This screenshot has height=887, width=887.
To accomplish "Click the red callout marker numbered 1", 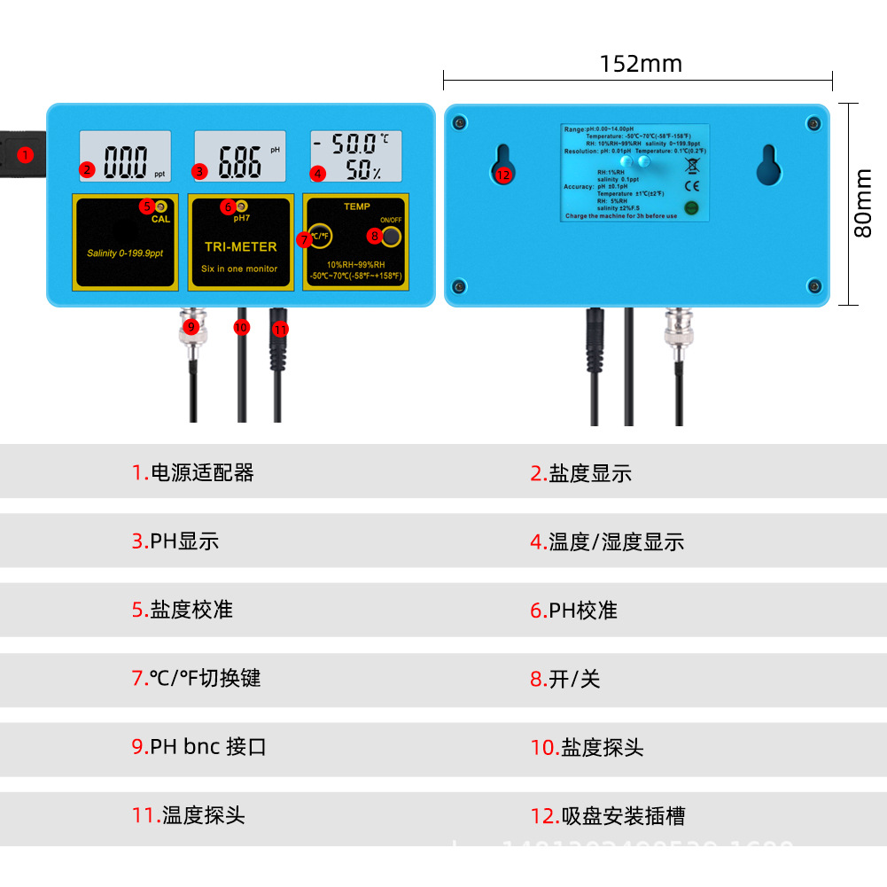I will (25, 155).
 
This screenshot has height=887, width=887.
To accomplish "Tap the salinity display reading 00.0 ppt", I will (127, 160).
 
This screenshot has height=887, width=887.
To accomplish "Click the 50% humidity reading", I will (362, 171).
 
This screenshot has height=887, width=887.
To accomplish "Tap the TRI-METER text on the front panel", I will (240, 247).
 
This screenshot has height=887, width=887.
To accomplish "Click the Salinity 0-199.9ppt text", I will (125, 253).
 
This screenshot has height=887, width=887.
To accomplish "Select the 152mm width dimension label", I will (641, 64).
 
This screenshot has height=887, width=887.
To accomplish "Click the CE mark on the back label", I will (692, 185).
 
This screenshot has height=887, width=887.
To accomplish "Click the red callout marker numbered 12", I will (503, 175).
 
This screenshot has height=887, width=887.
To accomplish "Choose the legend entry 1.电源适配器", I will (193, 472).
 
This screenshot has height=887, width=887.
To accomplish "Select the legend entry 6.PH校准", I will (573, 610).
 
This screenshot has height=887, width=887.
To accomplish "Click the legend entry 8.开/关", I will (564, 679).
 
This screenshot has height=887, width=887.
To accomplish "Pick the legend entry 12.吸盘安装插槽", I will (608, 815).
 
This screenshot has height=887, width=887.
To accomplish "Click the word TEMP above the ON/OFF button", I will (357, 206).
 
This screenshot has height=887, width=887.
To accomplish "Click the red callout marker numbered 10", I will (242, 327).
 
